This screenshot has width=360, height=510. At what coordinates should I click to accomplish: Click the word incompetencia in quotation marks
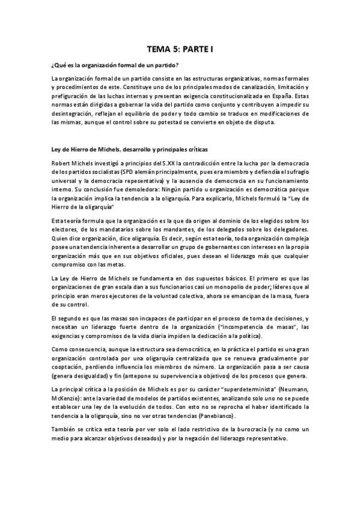click(x=225, y=327)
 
